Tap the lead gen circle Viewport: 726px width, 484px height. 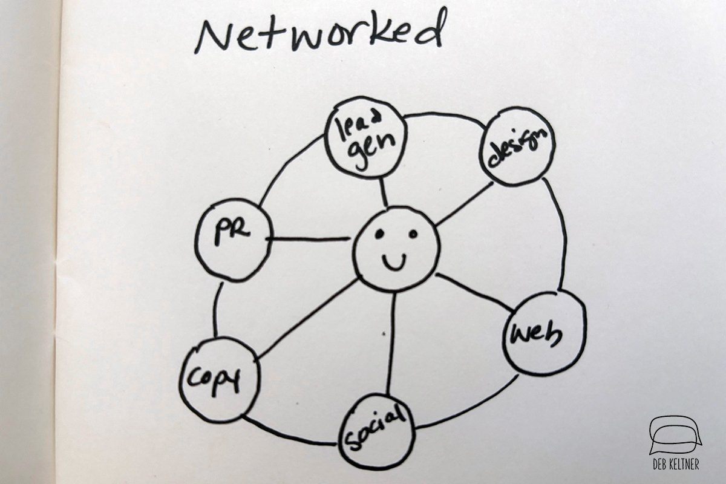[x=364, y=137]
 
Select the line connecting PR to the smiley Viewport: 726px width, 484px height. [x=310, y=239]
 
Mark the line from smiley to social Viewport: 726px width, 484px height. [x=391, y=342]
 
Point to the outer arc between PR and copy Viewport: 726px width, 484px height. [x=215, y=309]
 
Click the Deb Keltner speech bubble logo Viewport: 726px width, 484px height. [x=675, y=434]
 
